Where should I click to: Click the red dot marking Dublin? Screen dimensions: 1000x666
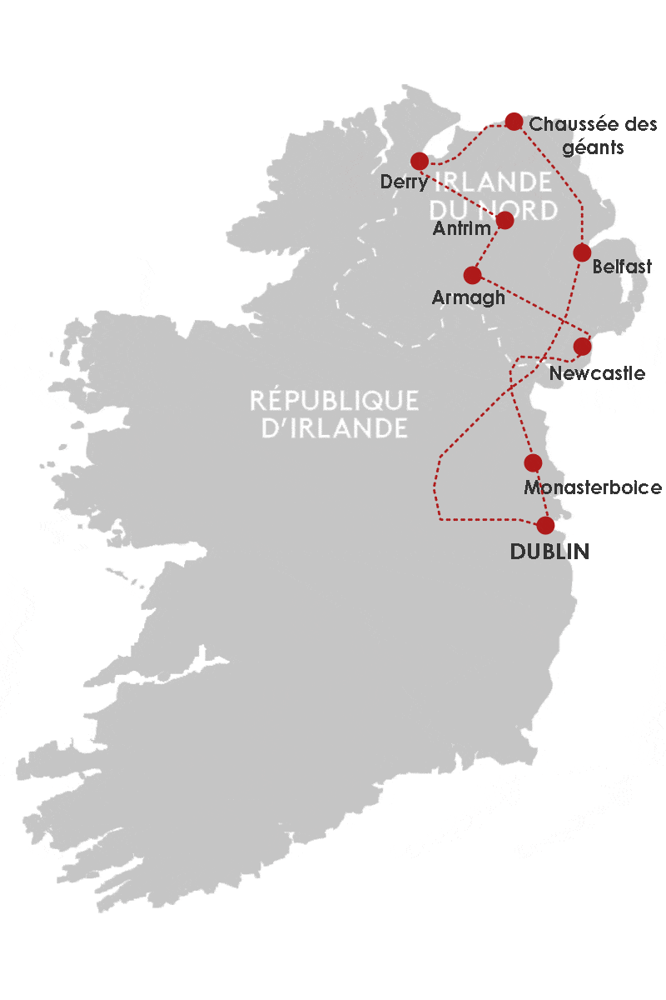[x=545, y=525]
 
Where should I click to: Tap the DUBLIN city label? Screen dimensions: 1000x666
[x=549, y=552]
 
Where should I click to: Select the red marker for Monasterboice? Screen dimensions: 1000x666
[x=534, y=462]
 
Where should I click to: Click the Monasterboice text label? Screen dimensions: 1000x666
[x=592, y=487]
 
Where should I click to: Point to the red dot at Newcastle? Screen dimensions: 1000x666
[x=583, y=346]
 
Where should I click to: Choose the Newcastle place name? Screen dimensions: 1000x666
[x=597, y=373]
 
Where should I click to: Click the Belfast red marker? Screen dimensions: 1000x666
[x=582, y=252]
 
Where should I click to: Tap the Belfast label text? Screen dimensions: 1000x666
[x=622, y=267]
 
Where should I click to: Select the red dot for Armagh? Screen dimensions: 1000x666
[x=472, y=274]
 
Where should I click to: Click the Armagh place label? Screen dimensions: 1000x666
[x=469, y=297]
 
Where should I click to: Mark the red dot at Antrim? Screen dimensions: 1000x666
[x=504, y=220]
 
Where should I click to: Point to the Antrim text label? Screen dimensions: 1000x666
[x=461, y=228]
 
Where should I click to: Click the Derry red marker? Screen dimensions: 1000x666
[x=420, y=160]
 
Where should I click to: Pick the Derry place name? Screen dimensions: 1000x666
[x=404, y=182]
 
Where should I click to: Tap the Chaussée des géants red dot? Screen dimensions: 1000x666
[x=514, y=121]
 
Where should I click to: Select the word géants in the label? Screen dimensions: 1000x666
[x=593, y=147]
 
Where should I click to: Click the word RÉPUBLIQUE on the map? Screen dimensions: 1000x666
[x=335, y=401]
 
